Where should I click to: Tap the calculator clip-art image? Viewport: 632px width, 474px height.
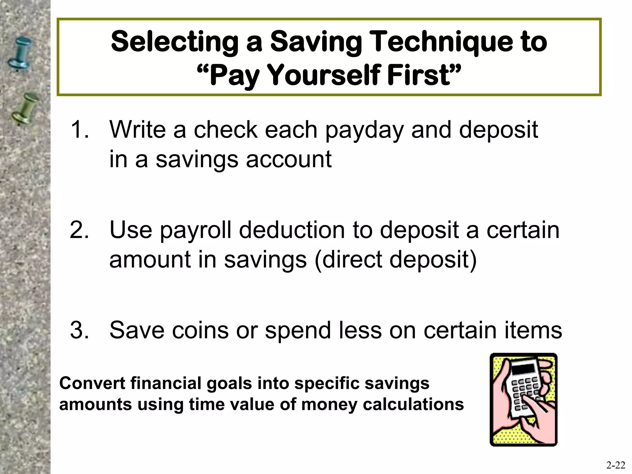coord(523,399)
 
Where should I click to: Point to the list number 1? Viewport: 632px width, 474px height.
coord(79,130)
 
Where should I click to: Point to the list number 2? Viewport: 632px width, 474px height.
coord(79,230)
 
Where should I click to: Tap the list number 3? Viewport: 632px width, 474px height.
coord(79,330)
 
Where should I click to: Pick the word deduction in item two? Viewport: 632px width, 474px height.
coord(292,230)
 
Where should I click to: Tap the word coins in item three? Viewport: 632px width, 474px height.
coord(200,330)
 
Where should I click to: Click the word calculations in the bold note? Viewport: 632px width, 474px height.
coord(413,404)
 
